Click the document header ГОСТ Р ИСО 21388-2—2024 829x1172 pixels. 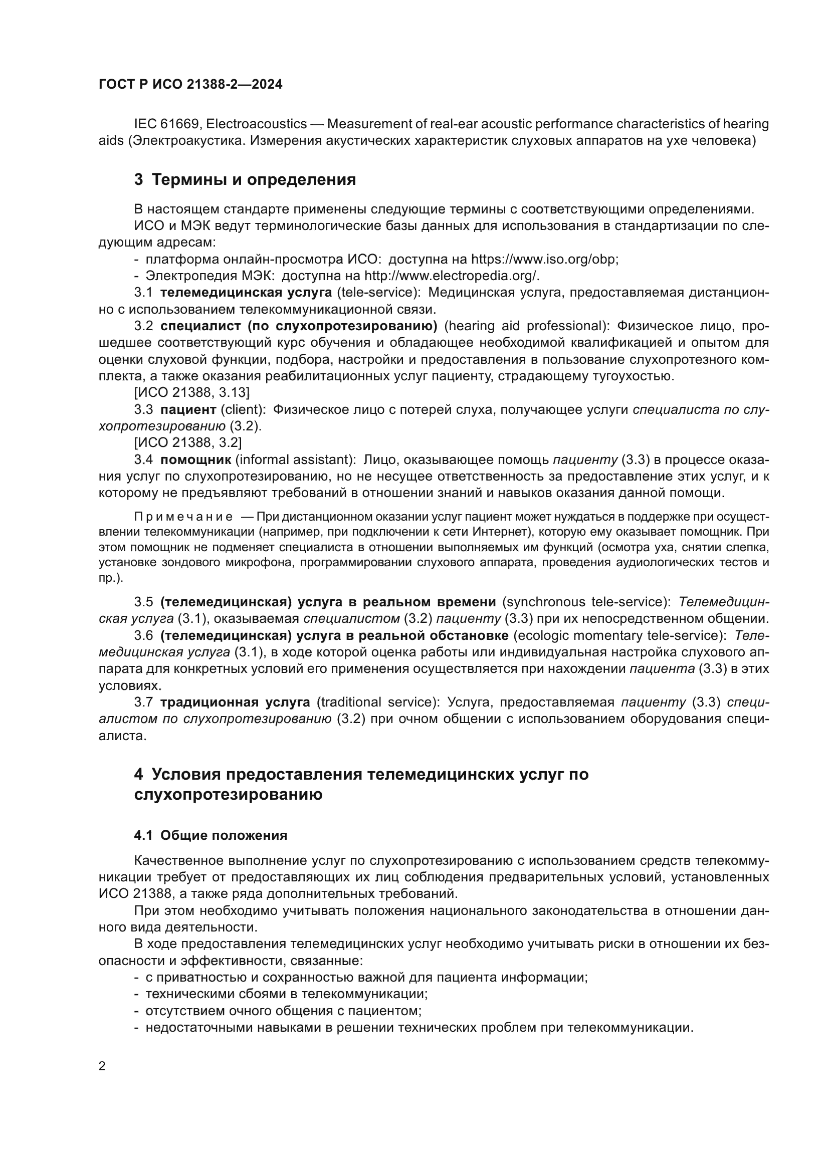tap(190, 85)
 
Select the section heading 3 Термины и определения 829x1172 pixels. tap(245, 180)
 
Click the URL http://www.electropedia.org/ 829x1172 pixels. tap(451, 276)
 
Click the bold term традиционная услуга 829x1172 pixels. tap(235, 702)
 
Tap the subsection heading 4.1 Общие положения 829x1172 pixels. tap(211, 836)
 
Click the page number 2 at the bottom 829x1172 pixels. tap(102, 1066)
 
